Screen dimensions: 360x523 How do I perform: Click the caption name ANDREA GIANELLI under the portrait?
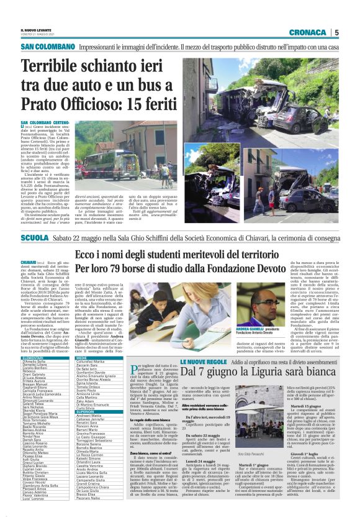[250, 328]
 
